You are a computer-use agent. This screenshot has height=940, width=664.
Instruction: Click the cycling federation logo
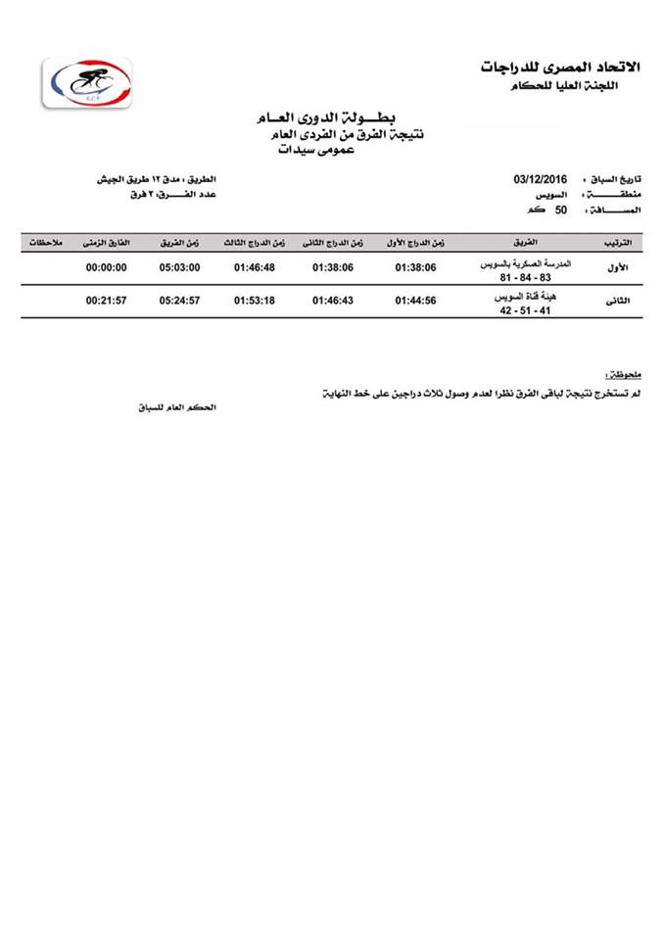87,82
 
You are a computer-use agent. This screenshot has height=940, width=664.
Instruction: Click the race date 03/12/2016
540,180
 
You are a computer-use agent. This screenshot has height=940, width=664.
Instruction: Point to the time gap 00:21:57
107,301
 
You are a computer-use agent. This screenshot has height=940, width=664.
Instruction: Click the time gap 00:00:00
107,267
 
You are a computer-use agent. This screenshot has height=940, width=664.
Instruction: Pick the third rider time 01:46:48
254,267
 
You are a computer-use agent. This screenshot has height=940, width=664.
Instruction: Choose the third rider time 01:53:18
254,301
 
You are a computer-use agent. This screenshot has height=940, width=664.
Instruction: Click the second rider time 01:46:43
333,301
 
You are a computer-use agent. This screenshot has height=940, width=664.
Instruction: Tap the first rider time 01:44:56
416,301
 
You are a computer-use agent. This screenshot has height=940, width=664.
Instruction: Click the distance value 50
561,210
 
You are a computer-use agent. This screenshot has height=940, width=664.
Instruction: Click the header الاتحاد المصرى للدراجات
560,68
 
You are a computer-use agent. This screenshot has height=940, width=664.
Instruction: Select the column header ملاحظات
46,241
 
